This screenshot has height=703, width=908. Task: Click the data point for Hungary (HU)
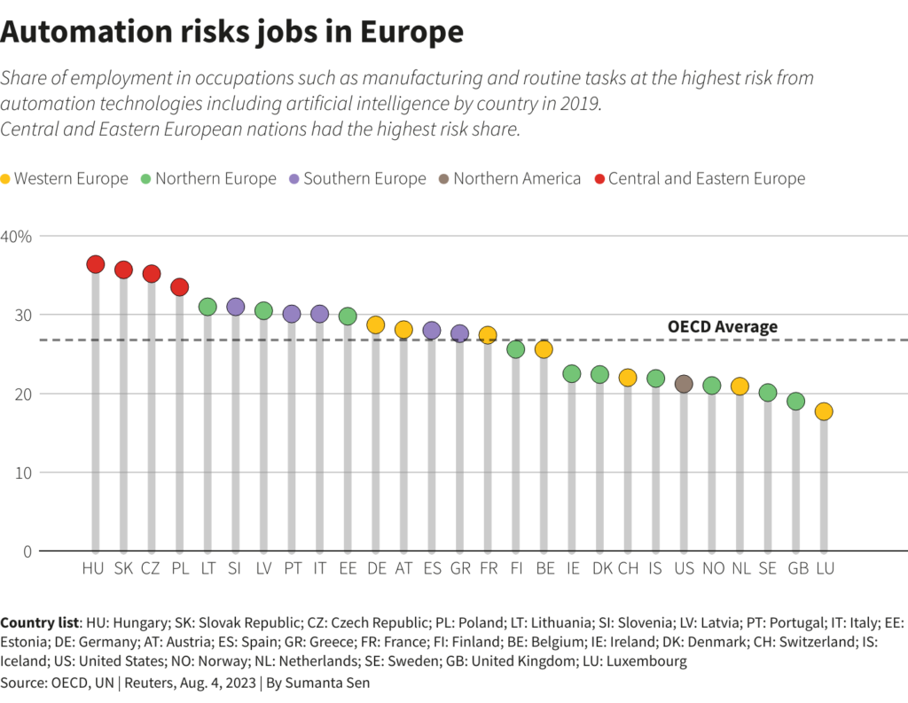coord(96,264)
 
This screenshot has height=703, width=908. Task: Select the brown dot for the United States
coord(684,384)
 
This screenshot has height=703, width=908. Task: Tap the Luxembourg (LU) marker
coord(824,411)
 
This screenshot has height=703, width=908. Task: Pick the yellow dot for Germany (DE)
coord(375,325)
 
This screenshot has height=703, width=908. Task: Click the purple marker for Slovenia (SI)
coord(235,307)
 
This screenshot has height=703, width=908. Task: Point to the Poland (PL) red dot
coord(179,287)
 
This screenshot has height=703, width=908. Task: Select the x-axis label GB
coord(796,568)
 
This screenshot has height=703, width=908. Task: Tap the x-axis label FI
coord(515,568)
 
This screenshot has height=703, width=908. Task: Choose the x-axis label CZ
coord(151,568)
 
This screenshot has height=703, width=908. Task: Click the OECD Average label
coord(722,327)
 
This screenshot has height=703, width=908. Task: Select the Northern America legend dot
coord(443,179)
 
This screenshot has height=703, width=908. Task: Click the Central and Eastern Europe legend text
coord(707,179)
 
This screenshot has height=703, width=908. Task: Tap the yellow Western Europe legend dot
coord(6,179)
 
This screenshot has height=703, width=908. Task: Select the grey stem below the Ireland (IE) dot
coord(572,470)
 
